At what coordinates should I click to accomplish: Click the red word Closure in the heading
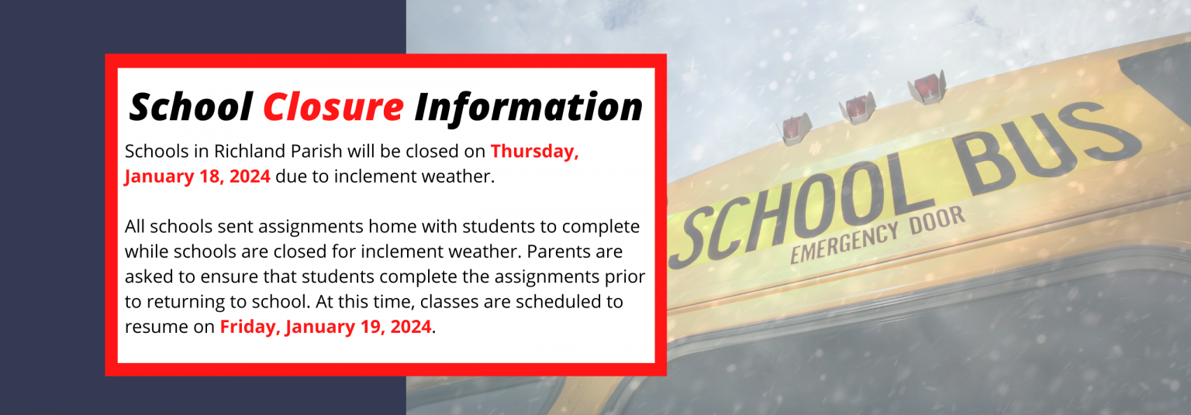pyautogui.click(x=333, y=107)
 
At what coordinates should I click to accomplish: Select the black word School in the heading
pyautogui.click(x=191, y=107)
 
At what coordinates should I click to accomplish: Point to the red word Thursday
pyautogui.click(x=534, y=152)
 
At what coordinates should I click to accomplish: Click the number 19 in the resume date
pyautogui.click(x=371, y=327)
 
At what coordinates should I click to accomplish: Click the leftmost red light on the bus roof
pyautogui.click(x=794, y=129)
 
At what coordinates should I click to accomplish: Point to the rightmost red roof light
pyautogui.click(x=927, y=87)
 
